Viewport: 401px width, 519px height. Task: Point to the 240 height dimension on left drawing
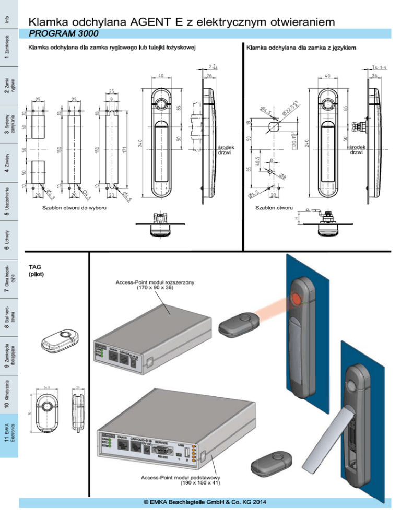pos(140,145)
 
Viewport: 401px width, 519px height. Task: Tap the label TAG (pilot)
pos(36,270)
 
